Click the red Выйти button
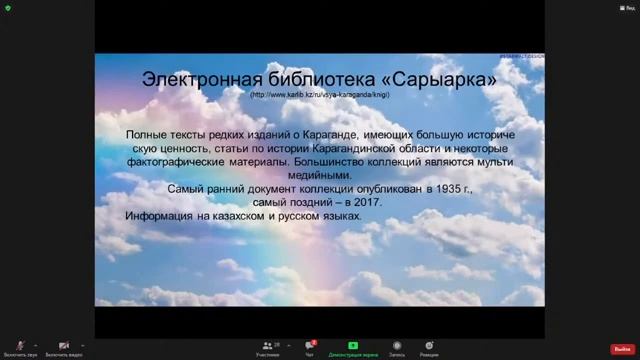tap(622, 349)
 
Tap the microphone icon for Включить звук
tap(20, 345)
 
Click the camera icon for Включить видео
tap(64, 345)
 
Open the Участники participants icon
tap(267, 345)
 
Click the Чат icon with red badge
tap(310, 345)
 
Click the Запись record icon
tap(397, 345)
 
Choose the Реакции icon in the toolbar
tap(428, 345)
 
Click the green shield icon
tap(8, 9)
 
